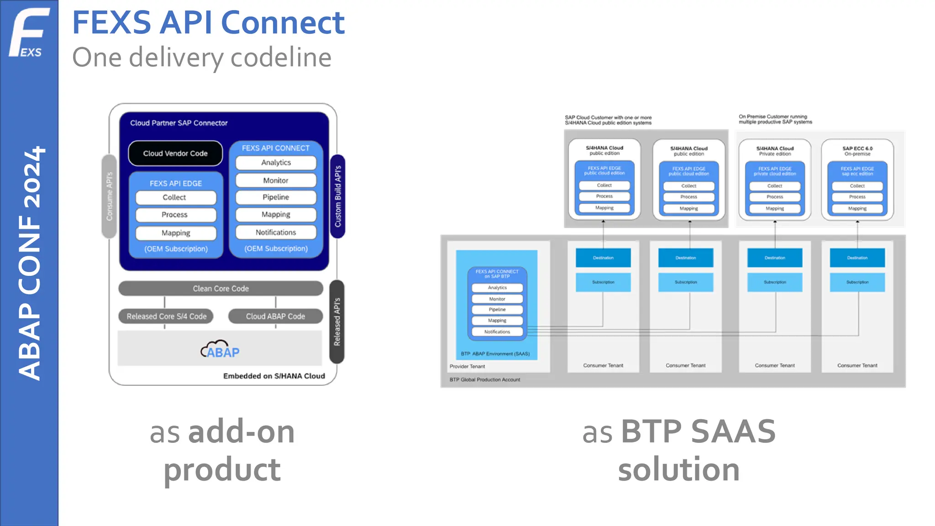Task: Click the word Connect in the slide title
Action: (x=283, y=23)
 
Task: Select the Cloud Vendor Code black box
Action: (x=175, y=153)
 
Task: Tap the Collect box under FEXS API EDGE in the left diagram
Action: (x=175, y=198)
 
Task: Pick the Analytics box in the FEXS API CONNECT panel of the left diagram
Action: (x=276, y=163)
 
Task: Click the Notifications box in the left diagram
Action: (x=276, y=232)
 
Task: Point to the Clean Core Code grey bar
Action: (x=221, y=289)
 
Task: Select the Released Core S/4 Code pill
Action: (x=166, y=316)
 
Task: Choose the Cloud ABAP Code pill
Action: (x=275, y=316)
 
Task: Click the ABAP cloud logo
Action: (x=220, y=350)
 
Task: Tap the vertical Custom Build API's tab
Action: (x=338, y=196)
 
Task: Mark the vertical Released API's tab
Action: (x=337, y=321)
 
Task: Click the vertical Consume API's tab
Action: (x=109, y=196)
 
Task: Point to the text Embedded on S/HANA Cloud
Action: (x=274, y=376)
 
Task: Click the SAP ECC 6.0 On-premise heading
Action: (x=857, y=151)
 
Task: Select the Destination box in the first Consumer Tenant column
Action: (x=603, y=258)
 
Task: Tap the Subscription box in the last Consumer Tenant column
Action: (x=857, y=282)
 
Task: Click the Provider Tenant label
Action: (x=467, y=366)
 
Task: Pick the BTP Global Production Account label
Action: (x=484, y=379)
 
